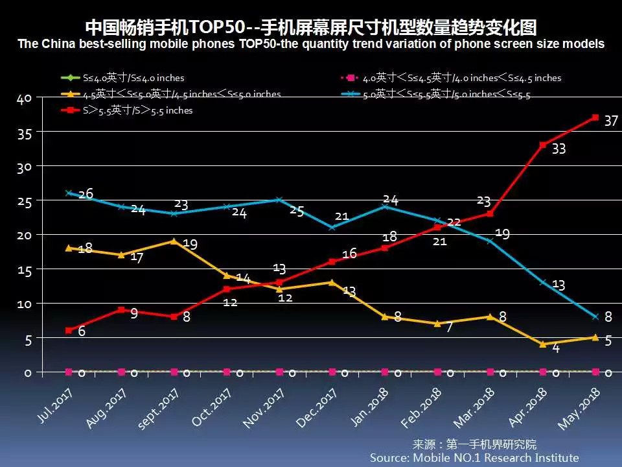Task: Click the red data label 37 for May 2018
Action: pyautogui.click(x=610, y=121)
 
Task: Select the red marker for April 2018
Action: pyautogui.click(x=542, y=145)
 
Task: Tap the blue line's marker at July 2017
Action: pyautogui.click(x=69, y=193)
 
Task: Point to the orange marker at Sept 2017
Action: pyautogui.click(x=174, y=241)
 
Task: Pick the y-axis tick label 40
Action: pyautogui.click(x=24, y=99)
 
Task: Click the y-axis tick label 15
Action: pyautogui.click(x=24, y=269)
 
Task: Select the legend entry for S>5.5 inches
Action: pyautogui.click(x=130, y=110)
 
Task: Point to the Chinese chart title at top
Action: pyautogui.click(x=311, y=27)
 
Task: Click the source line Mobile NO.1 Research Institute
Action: pyautogui.click(x=474, y=457)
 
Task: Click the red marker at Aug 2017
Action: pyautogui.click(x=121, y=309)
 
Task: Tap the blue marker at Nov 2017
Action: pyautogui.click(x=279, y=200)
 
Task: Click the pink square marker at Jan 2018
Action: pyautogui.click(x=385, y=372)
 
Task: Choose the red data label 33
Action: pyautogui.click(x=559, y=149)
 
